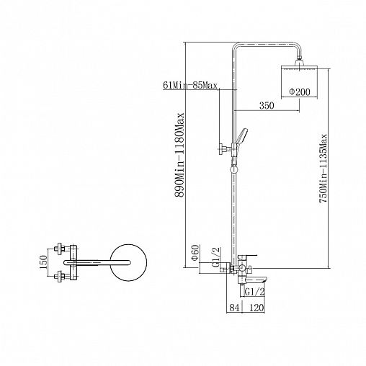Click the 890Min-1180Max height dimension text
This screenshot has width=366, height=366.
coord(179,155)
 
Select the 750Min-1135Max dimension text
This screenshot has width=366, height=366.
coord(323,169)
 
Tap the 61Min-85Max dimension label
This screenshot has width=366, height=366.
coord(190,85)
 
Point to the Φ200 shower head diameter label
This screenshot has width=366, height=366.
coord(300,91)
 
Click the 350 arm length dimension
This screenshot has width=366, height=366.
coord(267,105)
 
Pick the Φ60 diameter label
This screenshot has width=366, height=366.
coord(195,252)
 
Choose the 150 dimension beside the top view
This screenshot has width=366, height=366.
coord(43,262)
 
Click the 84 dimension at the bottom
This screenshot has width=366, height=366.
coord(234,308)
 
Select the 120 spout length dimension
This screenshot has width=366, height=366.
coord(256,308)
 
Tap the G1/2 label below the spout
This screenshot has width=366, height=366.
coord(254,292)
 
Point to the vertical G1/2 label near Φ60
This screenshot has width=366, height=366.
coord(216,257)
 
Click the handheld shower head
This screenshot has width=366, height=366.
coord(241,138)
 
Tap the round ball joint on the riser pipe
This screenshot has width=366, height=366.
coord(233,169)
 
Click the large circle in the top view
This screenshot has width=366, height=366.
coord(128,262)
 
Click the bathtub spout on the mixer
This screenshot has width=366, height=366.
coord(255,280)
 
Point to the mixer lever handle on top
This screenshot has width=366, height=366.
coord(248,256)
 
